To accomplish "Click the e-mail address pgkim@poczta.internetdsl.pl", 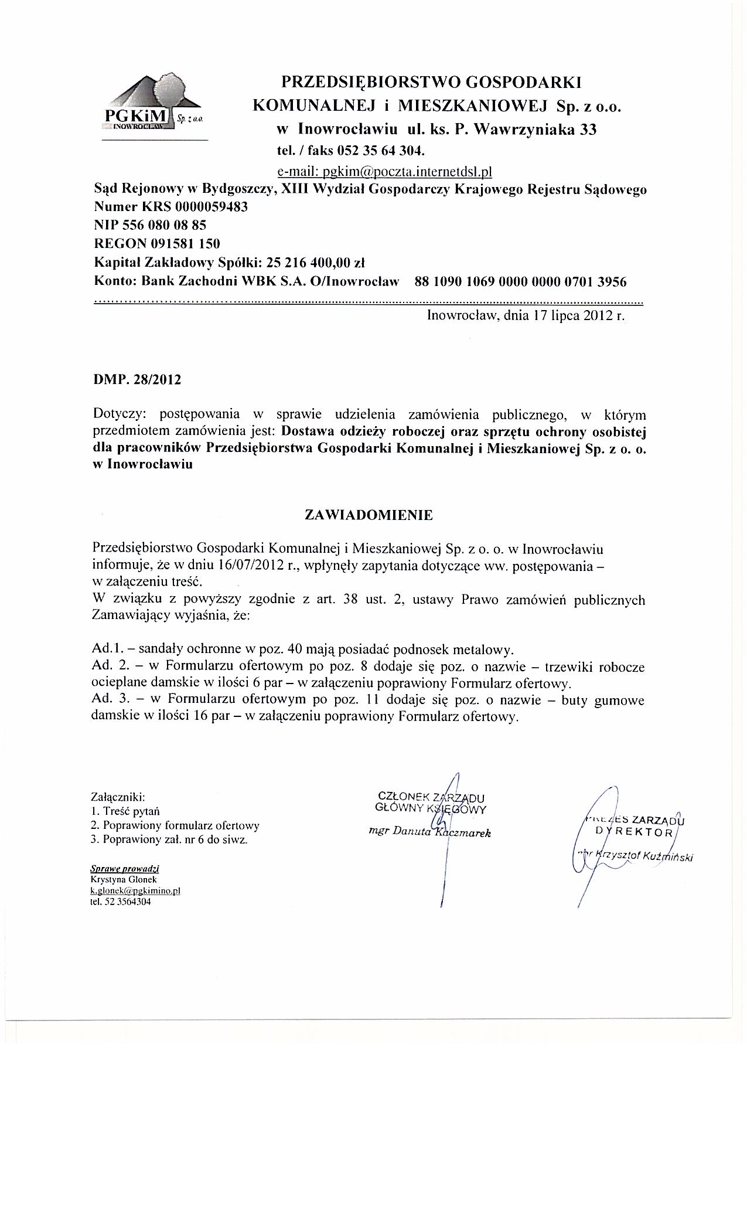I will point(384,171).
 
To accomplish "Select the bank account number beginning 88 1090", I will point(520,282).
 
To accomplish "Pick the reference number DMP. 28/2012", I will point(138,379).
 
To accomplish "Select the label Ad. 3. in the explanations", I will point(109,700).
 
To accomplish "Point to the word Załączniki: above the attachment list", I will point(118,797).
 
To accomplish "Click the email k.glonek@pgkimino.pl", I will point(135,890).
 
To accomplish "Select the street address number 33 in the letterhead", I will point(588,130).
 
